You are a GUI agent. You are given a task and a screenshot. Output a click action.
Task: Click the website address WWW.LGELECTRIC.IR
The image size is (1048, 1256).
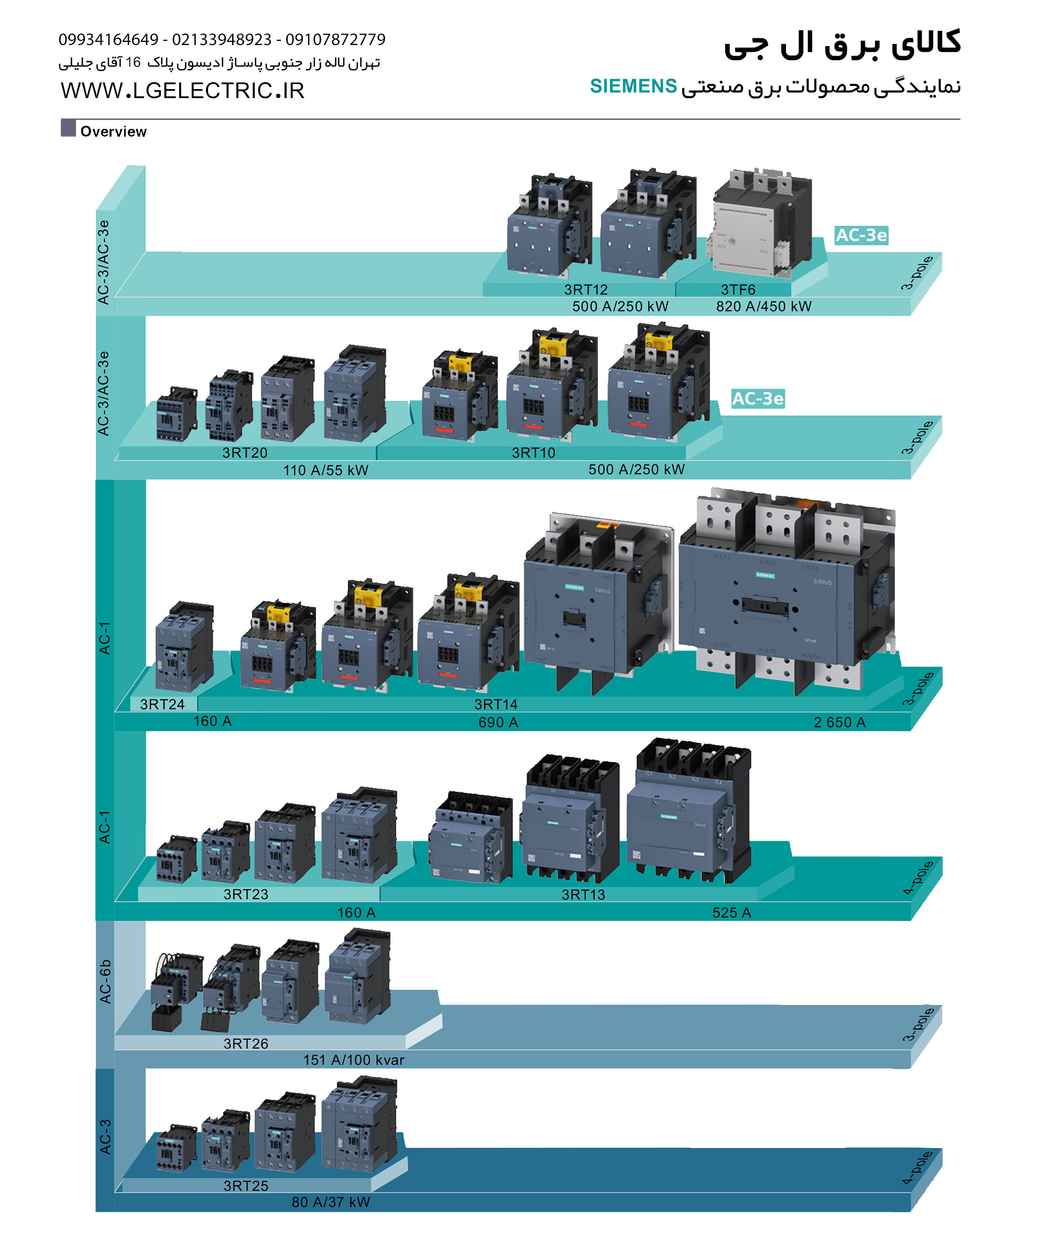(x=182, y=91)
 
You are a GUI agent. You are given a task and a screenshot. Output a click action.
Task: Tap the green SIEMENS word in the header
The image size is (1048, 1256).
(x=633, y=86)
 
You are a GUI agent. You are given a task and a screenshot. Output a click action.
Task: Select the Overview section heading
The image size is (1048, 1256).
(x=113, y=132)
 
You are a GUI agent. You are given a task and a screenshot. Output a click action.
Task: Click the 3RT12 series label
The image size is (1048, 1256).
(x=586, y=289)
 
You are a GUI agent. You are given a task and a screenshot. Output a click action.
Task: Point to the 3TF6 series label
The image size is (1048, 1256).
(x=738, y=289)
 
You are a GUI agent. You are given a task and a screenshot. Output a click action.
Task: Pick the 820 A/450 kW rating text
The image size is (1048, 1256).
(x=763, y=306)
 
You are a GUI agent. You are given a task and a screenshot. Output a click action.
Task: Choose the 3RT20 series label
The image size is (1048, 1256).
(x=245, y=453)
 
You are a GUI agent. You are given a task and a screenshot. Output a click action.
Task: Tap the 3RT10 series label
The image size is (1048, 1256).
(x=533, y=453)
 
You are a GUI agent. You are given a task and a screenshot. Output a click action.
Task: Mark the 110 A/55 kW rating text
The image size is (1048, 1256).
(x=325, y=470)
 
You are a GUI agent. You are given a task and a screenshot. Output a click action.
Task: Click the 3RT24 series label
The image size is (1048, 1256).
(x=162, y=704)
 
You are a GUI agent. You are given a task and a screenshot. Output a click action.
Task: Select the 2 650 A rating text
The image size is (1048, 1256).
(x=839, y=723)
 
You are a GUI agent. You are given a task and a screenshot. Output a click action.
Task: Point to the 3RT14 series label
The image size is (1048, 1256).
(x=495, y=704)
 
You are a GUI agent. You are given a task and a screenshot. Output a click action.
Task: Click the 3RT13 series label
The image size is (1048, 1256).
(x=583, y=894)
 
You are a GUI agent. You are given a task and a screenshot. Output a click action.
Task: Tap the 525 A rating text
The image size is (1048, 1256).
(x=731, y=912)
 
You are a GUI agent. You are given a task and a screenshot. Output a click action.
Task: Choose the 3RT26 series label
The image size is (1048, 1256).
(x=245, y=1043)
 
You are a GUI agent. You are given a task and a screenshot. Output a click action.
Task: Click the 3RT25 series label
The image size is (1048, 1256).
(x=245, y=1185)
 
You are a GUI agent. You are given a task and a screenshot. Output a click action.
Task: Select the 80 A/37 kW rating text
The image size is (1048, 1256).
(x=331, y=1202)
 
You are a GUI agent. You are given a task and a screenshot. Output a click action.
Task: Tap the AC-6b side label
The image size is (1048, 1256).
(x=105, y=981)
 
